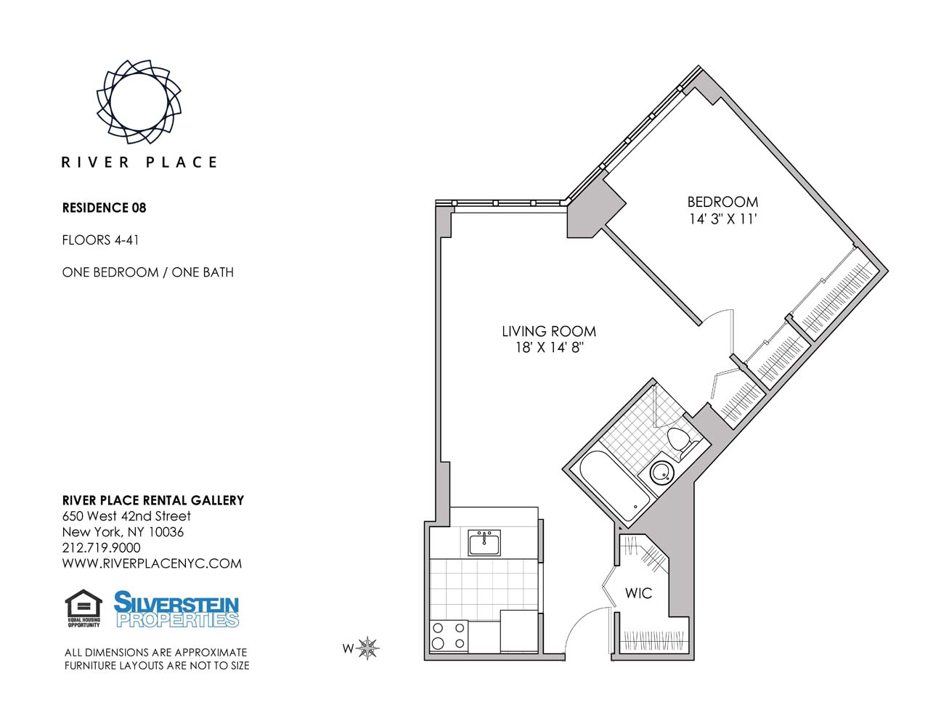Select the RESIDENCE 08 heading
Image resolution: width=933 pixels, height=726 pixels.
click(104, 208)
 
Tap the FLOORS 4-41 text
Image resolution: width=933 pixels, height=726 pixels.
click(100, 240)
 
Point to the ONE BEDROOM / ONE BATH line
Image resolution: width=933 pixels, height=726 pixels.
click(147, 272)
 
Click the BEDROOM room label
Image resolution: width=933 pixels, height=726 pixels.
click(722, 202)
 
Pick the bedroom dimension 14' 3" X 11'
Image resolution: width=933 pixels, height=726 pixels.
click(722, 219)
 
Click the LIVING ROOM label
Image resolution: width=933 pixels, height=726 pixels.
click(549, 331)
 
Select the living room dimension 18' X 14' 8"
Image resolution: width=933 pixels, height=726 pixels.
click(549, 348)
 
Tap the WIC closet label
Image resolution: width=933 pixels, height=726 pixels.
click(638, 593)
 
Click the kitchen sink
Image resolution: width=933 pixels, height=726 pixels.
click(484, 542)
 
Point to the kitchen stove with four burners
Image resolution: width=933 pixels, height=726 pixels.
click(449, 636)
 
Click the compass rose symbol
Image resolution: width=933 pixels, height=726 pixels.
click(368, 648)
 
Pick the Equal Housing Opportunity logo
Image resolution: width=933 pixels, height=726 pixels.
click(83, 608)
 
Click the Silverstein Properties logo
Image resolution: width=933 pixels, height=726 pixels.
click(176, 609)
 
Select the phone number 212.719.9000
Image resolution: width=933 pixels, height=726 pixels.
click(102, 548)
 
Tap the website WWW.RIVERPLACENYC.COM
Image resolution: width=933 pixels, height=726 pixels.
click(152, 564)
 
